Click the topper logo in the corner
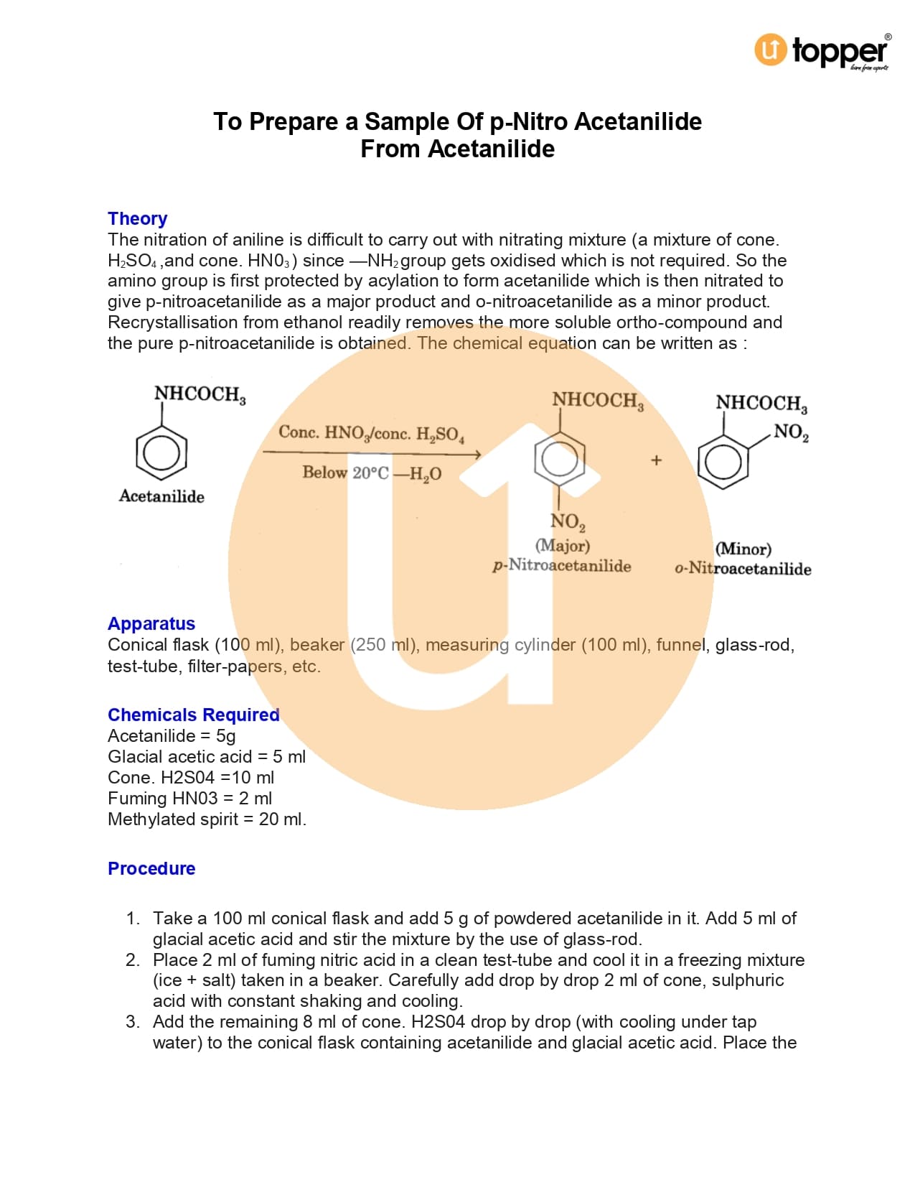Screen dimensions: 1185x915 coord(821,51)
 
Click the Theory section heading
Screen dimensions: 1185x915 coord(137,218)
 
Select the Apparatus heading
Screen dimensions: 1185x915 coord(151,623)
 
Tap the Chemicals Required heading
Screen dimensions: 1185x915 coord(193,715)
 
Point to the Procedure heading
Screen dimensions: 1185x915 coord(151,868)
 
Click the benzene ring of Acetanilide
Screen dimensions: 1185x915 coord(161,453)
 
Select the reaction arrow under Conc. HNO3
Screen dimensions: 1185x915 coord(371,452)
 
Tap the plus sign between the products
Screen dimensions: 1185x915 coord(656,460)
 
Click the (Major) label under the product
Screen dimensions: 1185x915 coord(563,546)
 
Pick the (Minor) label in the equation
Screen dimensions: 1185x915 coord(743,549)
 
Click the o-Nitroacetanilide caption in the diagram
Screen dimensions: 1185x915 coord(743,569)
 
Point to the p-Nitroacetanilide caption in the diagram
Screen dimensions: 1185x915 coord(562,566)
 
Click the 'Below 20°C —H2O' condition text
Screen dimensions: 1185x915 coord(372,473)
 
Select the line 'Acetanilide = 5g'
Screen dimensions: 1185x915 coord(172,735)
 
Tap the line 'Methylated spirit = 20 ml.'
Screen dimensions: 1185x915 coord(207,819)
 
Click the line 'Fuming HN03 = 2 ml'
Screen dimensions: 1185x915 coord(189,798)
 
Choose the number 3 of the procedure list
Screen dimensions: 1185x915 coord(133,1021)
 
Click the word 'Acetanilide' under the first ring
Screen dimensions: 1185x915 coord(161,496)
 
